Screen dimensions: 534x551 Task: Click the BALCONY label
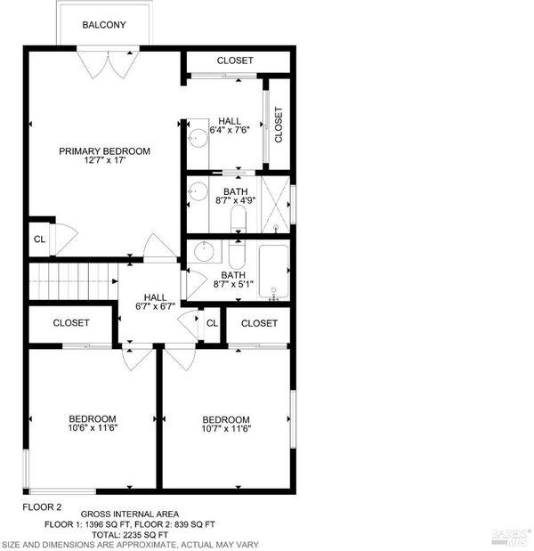(104, 25)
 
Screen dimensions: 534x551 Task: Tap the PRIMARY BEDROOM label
(105, 151)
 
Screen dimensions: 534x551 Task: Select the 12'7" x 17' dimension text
(105, 160)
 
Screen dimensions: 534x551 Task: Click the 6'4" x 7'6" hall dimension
(230, 130)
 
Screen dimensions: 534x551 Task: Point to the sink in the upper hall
(198, 138)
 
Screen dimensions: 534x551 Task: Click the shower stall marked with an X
(275, 205)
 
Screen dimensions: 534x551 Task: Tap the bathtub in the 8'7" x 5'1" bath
(274, 271)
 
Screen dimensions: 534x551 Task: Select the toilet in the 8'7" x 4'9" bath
(239, 219)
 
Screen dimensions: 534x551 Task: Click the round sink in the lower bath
(204, 251)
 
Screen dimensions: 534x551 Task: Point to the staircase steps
(73, 281)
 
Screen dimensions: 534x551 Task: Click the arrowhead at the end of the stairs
(115, 281)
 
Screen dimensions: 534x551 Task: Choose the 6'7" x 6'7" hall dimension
(155, 306)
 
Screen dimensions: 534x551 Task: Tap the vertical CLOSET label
(279, 125)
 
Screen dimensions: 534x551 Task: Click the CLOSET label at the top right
(235, 61)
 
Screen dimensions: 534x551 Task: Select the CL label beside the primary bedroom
(39, 239)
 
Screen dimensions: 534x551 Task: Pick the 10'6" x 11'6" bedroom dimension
(93, 428)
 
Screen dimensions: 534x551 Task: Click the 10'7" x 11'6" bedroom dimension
(226, 429)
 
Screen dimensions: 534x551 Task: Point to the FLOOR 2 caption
(42, 507)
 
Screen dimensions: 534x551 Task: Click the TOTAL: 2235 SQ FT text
(130, 535)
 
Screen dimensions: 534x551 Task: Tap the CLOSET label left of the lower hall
(71, 323)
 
